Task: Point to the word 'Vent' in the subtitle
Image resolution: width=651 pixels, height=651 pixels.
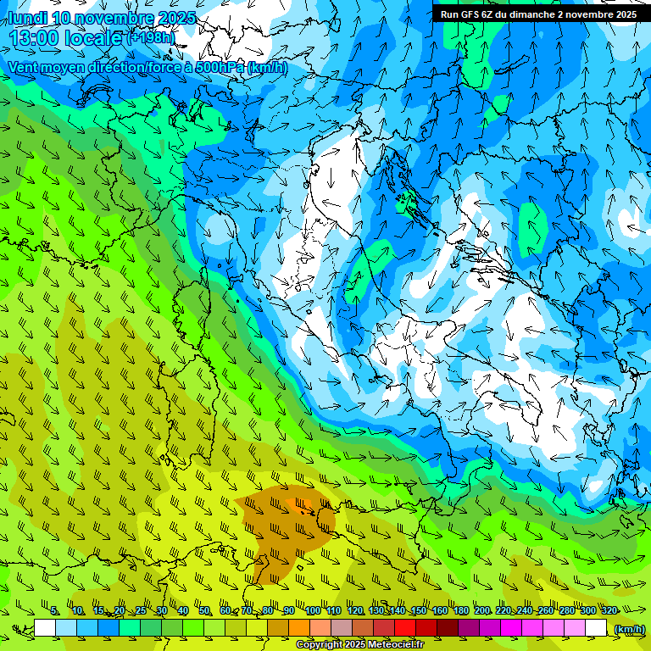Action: pos(25,67)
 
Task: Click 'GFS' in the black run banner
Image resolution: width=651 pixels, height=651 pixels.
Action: pos(473,14)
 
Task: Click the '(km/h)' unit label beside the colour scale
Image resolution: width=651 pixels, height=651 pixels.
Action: pos(628,629)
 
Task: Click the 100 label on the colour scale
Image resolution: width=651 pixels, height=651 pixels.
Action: pos(313,611)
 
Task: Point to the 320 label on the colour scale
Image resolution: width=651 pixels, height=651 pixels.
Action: pos(609,611)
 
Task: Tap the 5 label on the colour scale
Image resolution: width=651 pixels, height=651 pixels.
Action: pos(54,611)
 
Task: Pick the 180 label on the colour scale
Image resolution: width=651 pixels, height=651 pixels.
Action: pos(461,611)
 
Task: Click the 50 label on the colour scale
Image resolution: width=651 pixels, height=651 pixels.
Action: pos(204,611)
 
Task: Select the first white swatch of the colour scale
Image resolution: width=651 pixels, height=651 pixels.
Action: pos(45,628)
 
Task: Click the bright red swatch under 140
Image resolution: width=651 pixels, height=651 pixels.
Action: pos(405,628)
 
